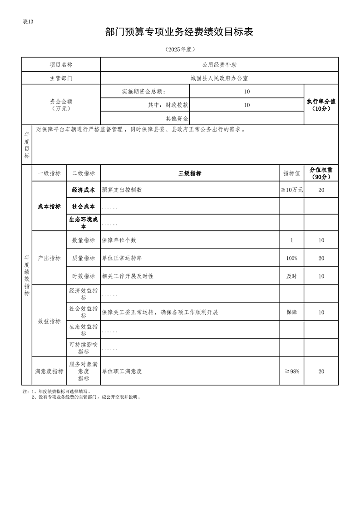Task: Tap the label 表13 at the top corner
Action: pos(28,22)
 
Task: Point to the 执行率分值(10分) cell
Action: pos(321,105)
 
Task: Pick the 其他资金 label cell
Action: pos(177,118)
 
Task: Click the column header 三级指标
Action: pos(190,173)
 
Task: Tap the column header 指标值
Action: pos(291,173)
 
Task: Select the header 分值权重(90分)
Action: pos(321,173)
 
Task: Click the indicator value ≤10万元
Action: pos(291,190)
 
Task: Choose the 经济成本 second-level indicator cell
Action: pos(84,190)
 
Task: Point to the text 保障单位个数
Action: pos(119,240)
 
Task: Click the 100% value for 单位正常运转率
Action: pos(291,258)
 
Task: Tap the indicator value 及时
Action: pos(291,276)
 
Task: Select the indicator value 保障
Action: pos(291,313)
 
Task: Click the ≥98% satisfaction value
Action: pos(291,371)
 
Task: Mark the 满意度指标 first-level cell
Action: pos(49,371)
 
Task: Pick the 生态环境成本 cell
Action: pos(84,222)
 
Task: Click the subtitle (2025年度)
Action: pos(179,49)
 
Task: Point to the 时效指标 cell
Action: pos(84,276)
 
